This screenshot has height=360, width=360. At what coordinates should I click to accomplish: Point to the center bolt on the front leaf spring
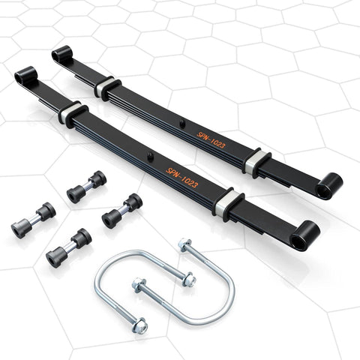150,156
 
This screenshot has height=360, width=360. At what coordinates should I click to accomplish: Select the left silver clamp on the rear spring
106,86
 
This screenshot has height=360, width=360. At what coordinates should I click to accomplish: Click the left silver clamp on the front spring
73,115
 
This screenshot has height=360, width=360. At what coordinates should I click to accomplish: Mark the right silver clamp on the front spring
229,203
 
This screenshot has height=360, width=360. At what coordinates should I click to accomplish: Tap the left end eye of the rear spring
61,53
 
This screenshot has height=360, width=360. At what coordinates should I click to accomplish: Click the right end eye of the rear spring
328,185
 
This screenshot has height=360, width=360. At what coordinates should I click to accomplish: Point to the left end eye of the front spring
24,77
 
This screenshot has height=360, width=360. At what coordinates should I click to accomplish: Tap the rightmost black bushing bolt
122,210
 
